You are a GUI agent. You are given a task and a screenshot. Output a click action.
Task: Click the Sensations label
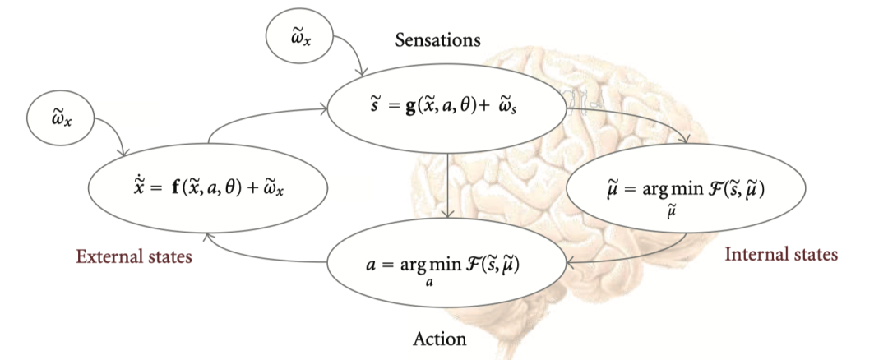pos(437,39)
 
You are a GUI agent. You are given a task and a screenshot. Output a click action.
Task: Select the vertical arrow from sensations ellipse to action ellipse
pos(446,185)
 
